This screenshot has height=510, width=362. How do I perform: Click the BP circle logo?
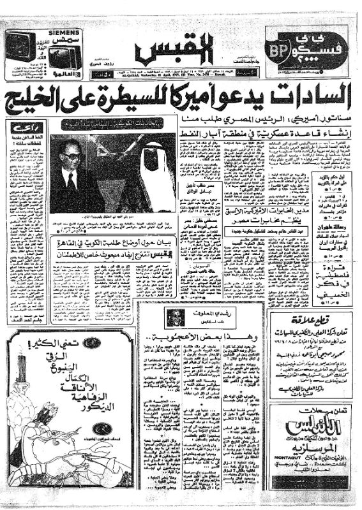[x=280, y=50]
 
